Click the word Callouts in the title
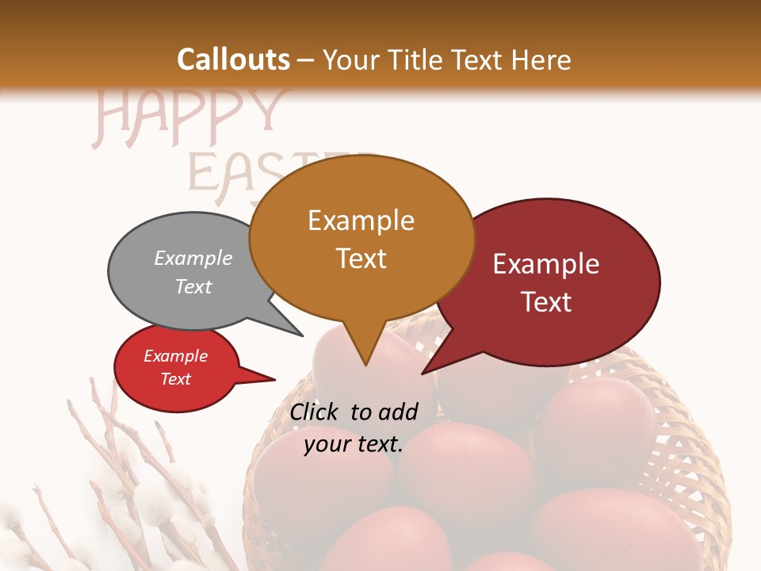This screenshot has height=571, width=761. click(x=233, y=59)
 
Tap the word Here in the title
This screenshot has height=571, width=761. click(x=541, y=59)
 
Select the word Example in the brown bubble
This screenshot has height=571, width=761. click(x=361, y=220)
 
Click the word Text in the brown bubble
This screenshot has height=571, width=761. click(x=361, y=259)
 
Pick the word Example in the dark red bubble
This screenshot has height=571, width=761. click(x=546, y=264)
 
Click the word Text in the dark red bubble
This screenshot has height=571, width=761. click(x=546, y=302)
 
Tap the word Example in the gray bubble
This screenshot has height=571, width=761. click(x=193, y=259)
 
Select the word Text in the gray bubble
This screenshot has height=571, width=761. click(x=193, y=286)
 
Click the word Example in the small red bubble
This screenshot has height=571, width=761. click(x=175, y=356)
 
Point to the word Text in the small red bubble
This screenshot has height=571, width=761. click(x=175, y=379)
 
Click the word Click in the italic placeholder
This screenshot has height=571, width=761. click(x=314, y=412)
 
